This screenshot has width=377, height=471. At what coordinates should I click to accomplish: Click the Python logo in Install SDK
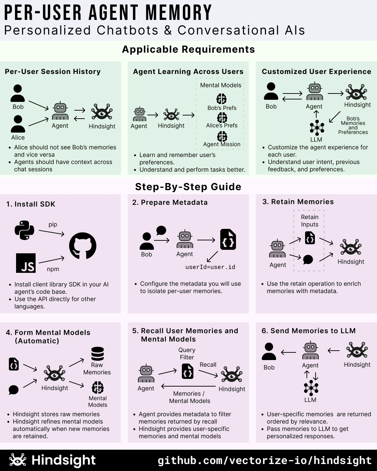coord(24,230)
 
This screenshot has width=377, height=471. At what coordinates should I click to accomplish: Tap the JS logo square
coord(26,263)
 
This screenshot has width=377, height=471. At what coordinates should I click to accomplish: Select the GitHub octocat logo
coord(83,246)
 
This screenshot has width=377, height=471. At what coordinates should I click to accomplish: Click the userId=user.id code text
coord(210,267)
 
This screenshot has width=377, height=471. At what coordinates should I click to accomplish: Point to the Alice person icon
coord(18,124)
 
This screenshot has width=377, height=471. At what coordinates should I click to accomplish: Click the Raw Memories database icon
coord(97,354)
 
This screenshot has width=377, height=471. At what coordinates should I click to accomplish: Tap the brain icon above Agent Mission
coord(222,136)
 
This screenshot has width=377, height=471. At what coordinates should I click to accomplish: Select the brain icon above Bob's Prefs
coord(221,99)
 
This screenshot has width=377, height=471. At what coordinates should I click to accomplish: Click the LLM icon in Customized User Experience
coord(317,128)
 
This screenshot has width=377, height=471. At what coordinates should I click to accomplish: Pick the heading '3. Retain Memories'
coord(298,202)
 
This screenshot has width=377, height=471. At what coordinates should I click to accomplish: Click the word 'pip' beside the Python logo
coord(53,225)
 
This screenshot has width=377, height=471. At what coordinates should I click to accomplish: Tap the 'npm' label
coord(53,269)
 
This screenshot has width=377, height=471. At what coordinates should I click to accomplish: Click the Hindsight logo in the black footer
coord(18,459)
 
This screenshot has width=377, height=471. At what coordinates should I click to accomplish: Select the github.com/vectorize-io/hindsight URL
coord(264,461)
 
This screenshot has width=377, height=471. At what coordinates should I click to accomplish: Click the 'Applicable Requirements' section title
coord(188,49)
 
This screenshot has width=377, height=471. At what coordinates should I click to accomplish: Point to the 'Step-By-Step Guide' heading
coord(188,187)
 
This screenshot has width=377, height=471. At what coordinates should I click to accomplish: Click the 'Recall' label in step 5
coord(208,365)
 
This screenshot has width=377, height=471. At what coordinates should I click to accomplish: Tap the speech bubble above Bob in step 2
coord(161,231)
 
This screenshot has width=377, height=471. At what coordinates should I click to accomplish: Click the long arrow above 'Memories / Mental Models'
coord(188,386)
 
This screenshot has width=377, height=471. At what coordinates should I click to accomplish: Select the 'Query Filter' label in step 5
coord(187,353)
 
